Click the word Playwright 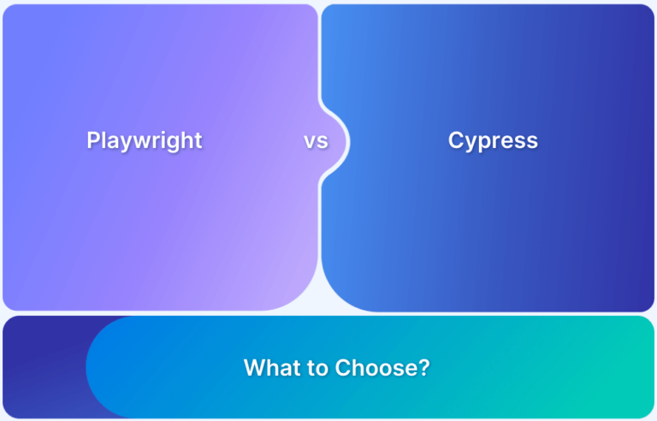[x=145, y=141]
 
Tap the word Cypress [x=493, y=141]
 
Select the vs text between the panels [x=316, y=141]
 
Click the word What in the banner [x=271, y=368]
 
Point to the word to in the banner [x=317, y=368]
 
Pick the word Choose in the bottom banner [x=376, y=368]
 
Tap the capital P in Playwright [x=93, y=139]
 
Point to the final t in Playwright [x=198, y=140]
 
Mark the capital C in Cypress [x=456, y=140]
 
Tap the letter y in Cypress [x=471, y=144]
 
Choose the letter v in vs [x=310, y=142]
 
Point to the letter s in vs [x=323, y=142]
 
